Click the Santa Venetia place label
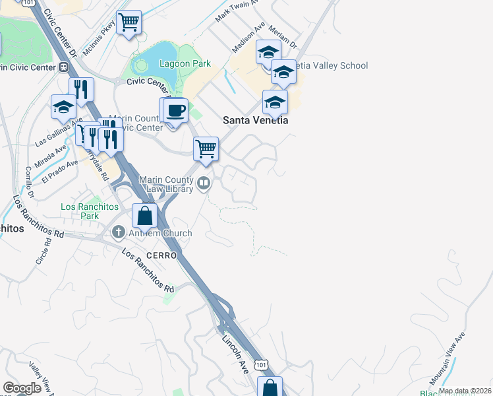point(256,120)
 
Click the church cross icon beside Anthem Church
point(119,232)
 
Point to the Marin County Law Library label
point(165,184)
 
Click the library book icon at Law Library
point(204,183)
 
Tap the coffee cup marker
point(176,111)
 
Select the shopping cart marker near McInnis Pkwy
point(129,22)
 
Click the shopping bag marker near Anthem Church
point(144,215)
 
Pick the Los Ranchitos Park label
point(88,211)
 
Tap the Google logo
point(22,388)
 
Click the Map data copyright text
point(465,391)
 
